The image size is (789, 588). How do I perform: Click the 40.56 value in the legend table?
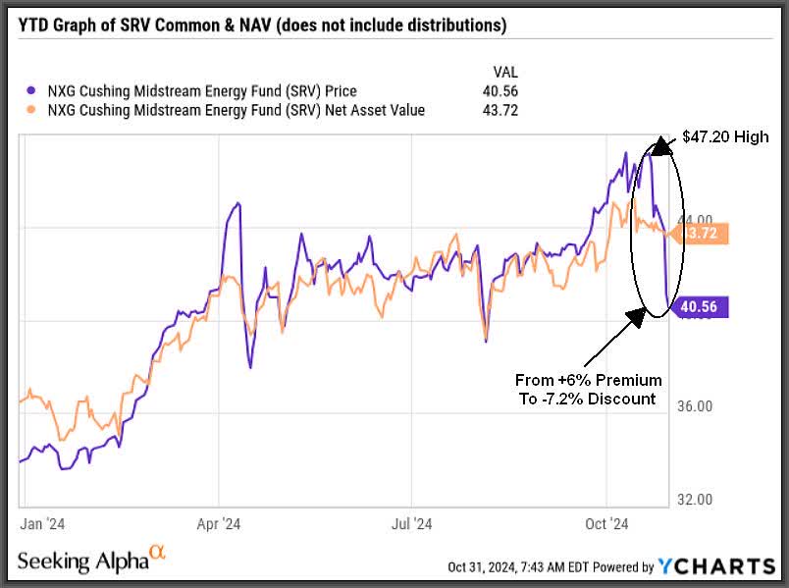click(x=502, y=91)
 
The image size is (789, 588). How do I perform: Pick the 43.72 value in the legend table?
click(x=502, y=110)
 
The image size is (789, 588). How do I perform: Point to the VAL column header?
click(x=503, y=72)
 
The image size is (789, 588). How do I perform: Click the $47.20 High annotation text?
click(x=727, y=137)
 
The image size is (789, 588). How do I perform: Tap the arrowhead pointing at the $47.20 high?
click(x=659, y=144)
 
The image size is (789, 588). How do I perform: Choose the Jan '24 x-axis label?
click(x=43, y=524)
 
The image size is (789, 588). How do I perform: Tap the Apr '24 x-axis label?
click(x=219, y=524)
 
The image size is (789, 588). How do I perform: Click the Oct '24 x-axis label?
click(x=607, y=524)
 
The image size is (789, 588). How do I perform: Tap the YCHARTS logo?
click(x=716, y=565)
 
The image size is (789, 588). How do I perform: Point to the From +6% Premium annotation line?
click(x=588, y=380)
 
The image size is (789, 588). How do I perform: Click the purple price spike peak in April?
click(x=236, y=203)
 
